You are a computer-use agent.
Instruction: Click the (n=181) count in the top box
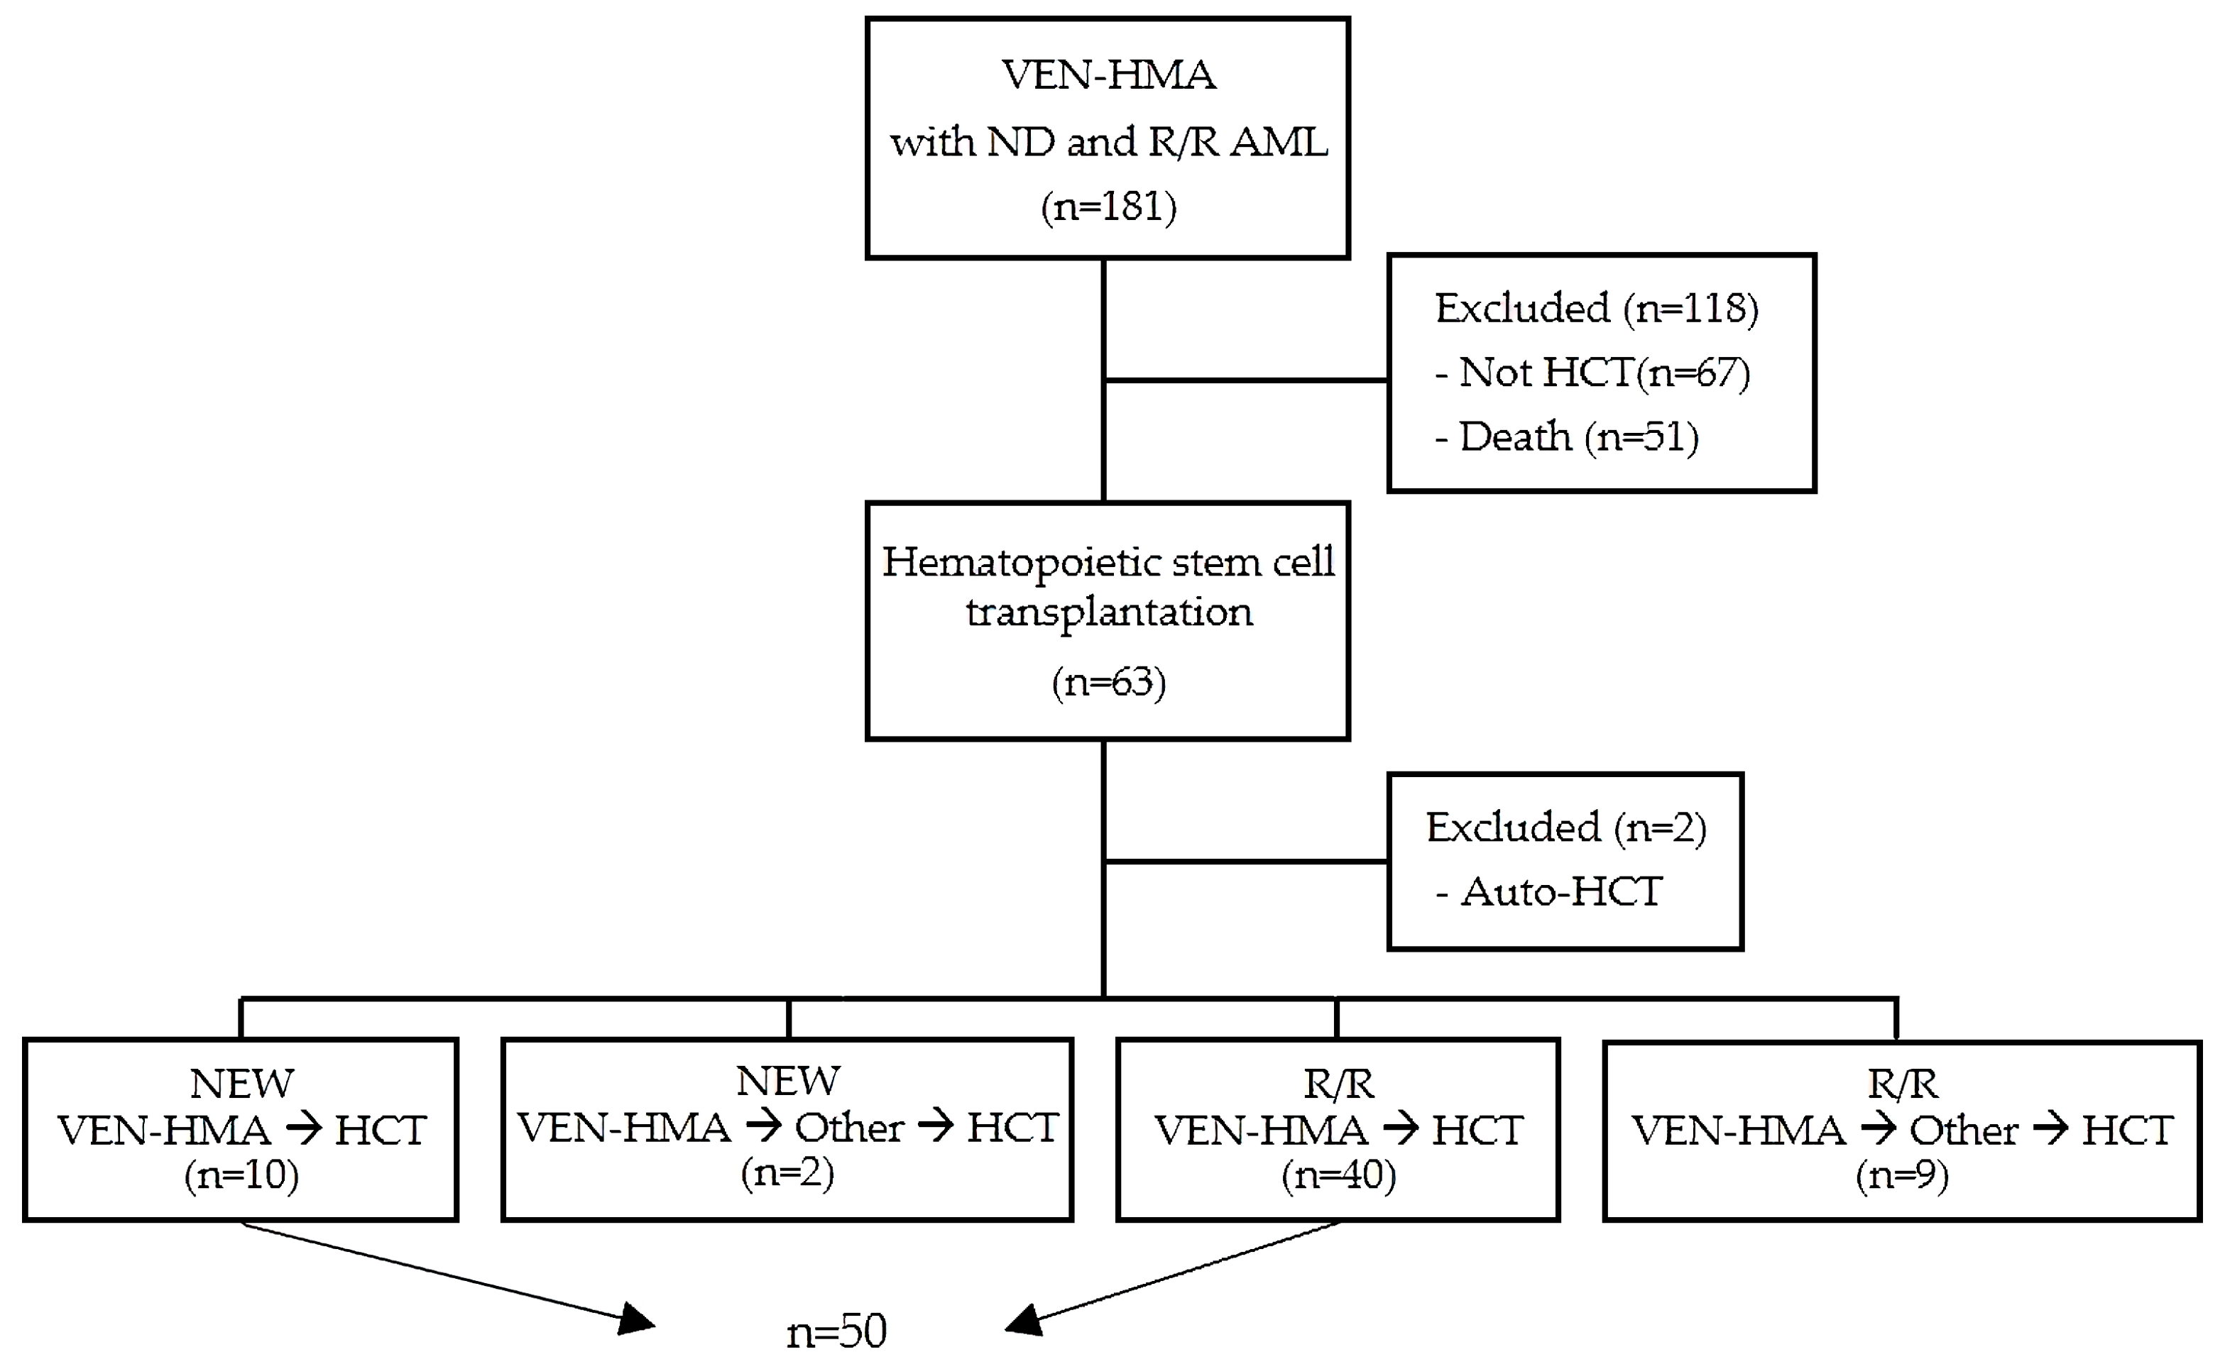pos(1108,207)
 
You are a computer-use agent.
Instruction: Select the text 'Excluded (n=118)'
pos(1597,309)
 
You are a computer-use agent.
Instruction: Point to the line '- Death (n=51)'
pos(1567,437)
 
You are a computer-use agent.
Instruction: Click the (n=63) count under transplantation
pos(1108,682)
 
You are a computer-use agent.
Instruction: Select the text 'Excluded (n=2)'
pos(1565,828)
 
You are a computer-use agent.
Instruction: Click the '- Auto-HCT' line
pos(1549,892)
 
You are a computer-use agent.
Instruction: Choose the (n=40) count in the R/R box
pos(1338,1175)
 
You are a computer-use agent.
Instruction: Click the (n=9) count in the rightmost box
pos(1902,1175)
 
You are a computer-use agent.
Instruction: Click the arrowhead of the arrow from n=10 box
pos(638,1320)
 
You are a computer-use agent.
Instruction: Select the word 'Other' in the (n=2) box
pos(848,1128)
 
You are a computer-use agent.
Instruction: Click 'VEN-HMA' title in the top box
pos(1108,75)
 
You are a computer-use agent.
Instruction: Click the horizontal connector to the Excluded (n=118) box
pos(1246,380)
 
